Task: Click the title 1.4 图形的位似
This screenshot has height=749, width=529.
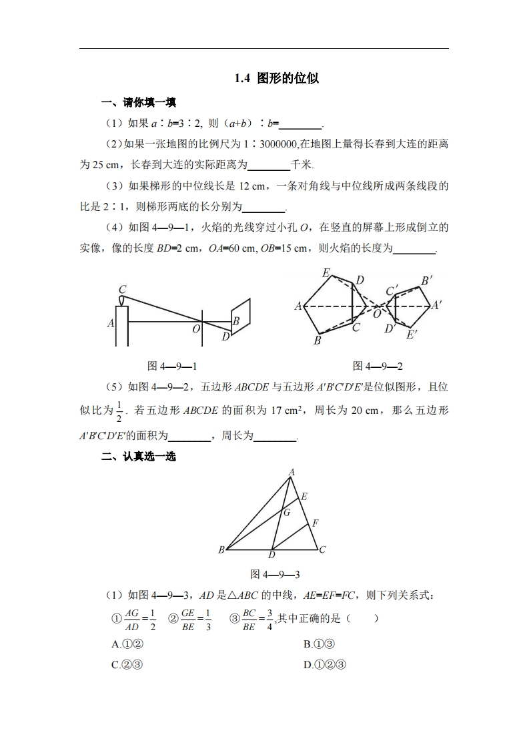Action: [x=276, y=78]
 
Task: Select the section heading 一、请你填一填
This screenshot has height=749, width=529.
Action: [x=138, y=103]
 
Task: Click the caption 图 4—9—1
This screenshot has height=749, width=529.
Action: [x=172, y=366]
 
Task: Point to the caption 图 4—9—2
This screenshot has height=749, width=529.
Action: [x=378, y=366]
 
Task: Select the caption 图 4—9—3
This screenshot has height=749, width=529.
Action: [x=275, y=574]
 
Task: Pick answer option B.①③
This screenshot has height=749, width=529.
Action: [x=318, y=644]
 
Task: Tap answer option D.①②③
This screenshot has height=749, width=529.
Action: [x=325, y=665]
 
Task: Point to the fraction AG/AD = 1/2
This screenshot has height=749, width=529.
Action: [x=139, y=619]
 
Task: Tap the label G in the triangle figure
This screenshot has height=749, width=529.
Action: [x=287, y=513]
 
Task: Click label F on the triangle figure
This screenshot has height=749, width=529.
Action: [x=316, y=523]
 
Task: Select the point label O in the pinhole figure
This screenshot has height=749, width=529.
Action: [x=196, y=328]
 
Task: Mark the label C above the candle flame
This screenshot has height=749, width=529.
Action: [x=122, y=289]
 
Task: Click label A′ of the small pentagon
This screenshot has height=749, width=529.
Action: [x=438, y=305]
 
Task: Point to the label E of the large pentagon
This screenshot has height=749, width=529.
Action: [x=326, y=272]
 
